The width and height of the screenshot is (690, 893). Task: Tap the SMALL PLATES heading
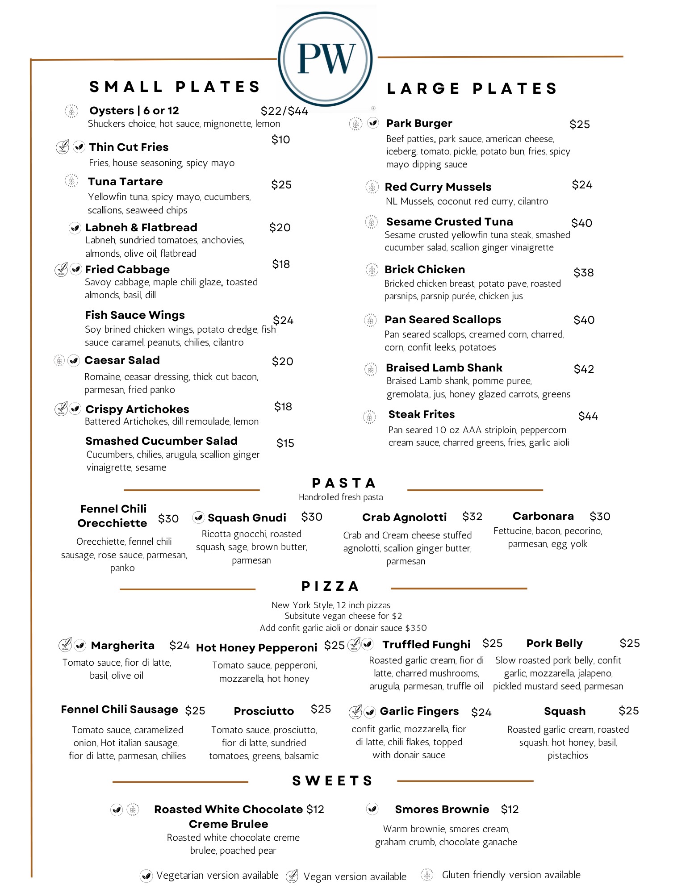pos(175,87)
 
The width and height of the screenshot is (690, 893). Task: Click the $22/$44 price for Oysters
pos(284,111)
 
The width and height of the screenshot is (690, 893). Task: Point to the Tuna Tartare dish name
pos(125,182)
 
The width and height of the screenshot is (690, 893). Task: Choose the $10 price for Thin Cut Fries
pos(280,140)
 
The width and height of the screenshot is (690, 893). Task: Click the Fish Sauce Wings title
pos(134,315)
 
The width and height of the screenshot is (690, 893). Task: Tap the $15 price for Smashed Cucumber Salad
pos(285,443)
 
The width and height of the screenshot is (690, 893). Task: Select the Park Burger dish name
pos(419,123)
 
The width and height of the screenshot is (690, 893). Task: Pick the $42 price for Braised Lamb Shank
pos(583,369)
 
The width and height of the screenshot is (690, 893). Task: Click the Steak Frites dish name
pos(421,414)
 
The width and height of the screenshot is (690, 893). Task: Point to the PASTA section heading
pos(343,483)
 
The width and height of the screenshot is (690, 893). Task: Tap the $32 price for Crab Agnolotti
pos(472,517)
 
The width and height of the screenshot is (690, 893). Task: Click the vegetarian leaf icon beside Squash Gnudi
pos(198,517)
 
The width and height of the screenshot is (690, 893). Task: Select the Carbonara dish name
pos(543,516)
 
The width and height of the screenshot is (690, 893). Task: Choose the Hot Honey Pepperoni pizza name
pos(256,648)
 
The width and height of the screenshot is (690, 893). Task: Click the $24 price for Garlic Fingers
pos(481,713)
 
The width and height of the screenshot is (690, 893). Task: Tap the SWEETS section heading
pos(332,781)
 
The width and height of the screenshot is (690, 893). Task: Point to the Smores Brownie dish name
pos(442,810)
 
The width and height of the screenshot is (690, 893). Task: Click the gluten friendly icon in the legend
pos(427,875)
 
